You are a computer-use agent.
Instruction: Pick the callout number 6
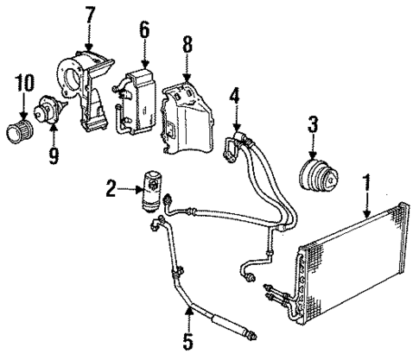point(144,34)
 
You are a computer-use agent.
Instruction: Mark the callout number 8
point(187,44)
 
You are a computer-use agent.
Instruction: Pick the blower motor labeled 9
point(48,111)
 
